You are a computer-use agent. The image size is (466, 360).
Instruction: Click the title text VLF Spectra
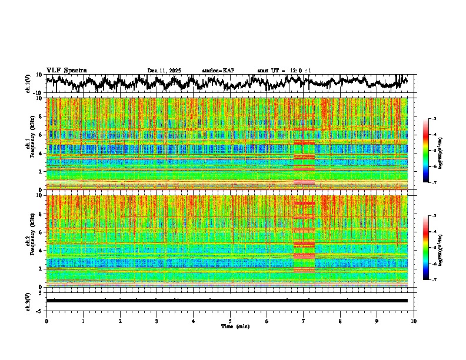(66, 70)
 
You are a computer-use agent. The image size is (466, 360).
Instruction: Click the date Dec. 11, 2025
(164, 71)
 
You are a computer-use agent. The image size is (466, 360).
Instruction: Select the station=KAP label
(218, 71)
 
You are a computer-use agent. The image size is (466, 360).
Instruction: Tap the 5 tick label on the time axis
(230, 321)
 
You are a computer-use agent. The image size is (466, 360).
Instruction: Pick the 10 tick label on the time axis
(414, 321)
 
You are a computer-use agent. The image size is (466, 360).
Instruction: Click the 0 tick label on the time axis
(46, 321)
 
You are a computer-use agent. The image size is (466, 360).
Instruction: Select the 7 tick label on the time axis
(304, 321)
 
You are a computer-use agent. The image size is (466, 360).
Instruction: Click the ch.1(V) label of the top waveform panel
(28, 84)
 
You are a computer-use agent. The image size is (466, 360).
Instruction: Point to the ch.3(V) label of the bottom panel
(28, 300)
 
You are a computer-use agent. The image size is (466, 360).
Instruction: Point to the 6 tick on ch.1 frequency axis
(41, 135)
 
